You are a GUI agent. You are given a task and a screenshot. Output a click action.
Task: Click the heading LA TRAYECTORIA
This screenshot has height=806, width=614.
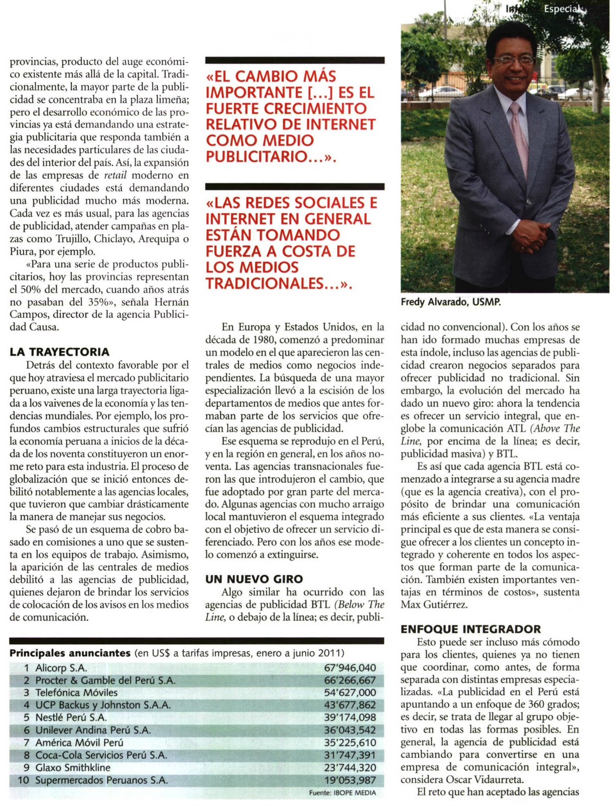point(59,352)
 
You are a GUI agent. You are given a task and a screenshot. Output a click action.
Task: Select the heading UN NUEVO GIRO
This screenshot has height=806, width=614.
point(254,579)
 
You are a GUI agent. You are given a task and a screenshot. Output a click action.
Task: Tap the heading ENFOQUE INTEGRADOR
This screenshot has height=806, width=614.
point(470,629)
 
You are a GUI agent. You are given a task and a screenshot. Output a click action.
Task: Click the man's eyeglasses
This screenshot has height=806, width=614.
point(514,60)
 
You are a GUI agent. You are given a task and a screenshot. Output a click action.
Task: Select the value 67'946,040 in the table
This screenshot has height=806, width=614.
point(350,668)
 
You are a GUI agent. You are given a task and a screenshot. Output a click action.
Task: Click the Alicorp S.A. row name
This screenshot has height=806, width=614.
point(61,668)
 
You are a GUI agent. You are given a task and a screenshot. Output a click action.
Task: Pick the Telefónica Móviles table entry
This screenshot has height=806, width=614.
point(76,693)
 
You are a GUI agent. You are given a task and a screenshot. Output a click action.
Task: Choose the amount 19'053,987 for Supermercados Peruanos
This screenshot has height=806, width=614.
point(350,780)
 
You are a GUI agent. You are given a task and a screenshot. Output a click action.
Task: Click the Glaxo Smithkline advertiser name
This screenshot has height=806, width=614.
point(73,768)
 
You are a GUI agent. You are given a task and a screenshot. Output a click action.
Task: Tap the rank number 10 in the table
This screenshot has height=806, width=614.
point(23,780)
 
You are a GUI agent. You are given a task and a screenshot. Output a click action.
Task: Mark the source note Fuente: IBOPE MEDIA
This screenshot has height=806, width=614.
point(342,793)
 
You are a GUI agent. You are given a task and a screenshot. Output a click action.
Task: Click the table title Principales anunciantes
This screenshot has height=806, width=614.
point(70,653)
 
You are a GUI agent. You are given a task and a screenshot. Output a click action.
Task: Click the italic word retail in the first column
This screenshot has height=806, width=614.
point(115,176)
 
